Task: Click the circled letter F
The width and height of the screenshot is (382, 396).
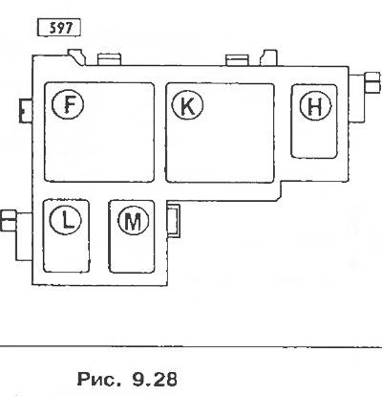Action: (x=68, y=104)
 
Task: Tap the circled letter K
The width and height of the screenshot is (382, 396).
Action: (x=187, y=105)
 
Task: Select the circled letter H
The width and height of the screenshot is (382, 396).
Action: (x=315, y=106)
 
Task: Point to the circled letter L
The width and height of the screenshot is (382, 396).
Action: (x=66, y=219)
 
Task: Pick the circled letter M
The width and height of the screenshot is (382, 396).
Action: (x=133, y=220)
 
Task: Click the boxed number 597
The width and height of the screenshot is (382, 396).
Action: (x=59, y=28)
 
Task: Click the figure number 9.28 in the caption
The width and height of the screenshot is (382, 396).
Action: (x=154, y=379)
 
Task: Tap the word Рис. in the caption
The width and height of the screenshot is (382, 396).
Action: (x=98, y=379)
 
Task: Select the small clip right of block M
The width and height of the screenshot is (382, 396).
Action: (x=174, y=220)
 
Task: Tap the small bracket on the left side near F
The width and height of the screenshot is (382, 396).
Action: (x=26, y=110)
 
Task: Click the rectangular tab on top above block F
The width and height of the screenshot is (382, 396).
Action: (x=110, y=59)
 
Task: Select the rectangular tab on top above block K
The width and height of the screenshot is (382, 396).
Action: (x=237, y=60)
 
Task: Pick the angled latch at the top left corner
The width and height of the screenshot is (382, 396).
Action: (x=76, y=56)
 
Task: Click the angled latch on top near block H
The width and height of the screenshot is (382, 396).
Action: (x=268, y=57)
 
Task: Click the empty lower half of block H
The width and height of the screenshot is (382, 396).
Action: (x=314, y=141)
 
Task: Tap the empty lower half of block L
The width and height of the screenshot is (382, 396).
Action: (x=66, y=253)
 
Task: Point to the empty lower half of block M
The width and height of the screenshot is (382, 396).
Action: (x=132, y=254)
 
